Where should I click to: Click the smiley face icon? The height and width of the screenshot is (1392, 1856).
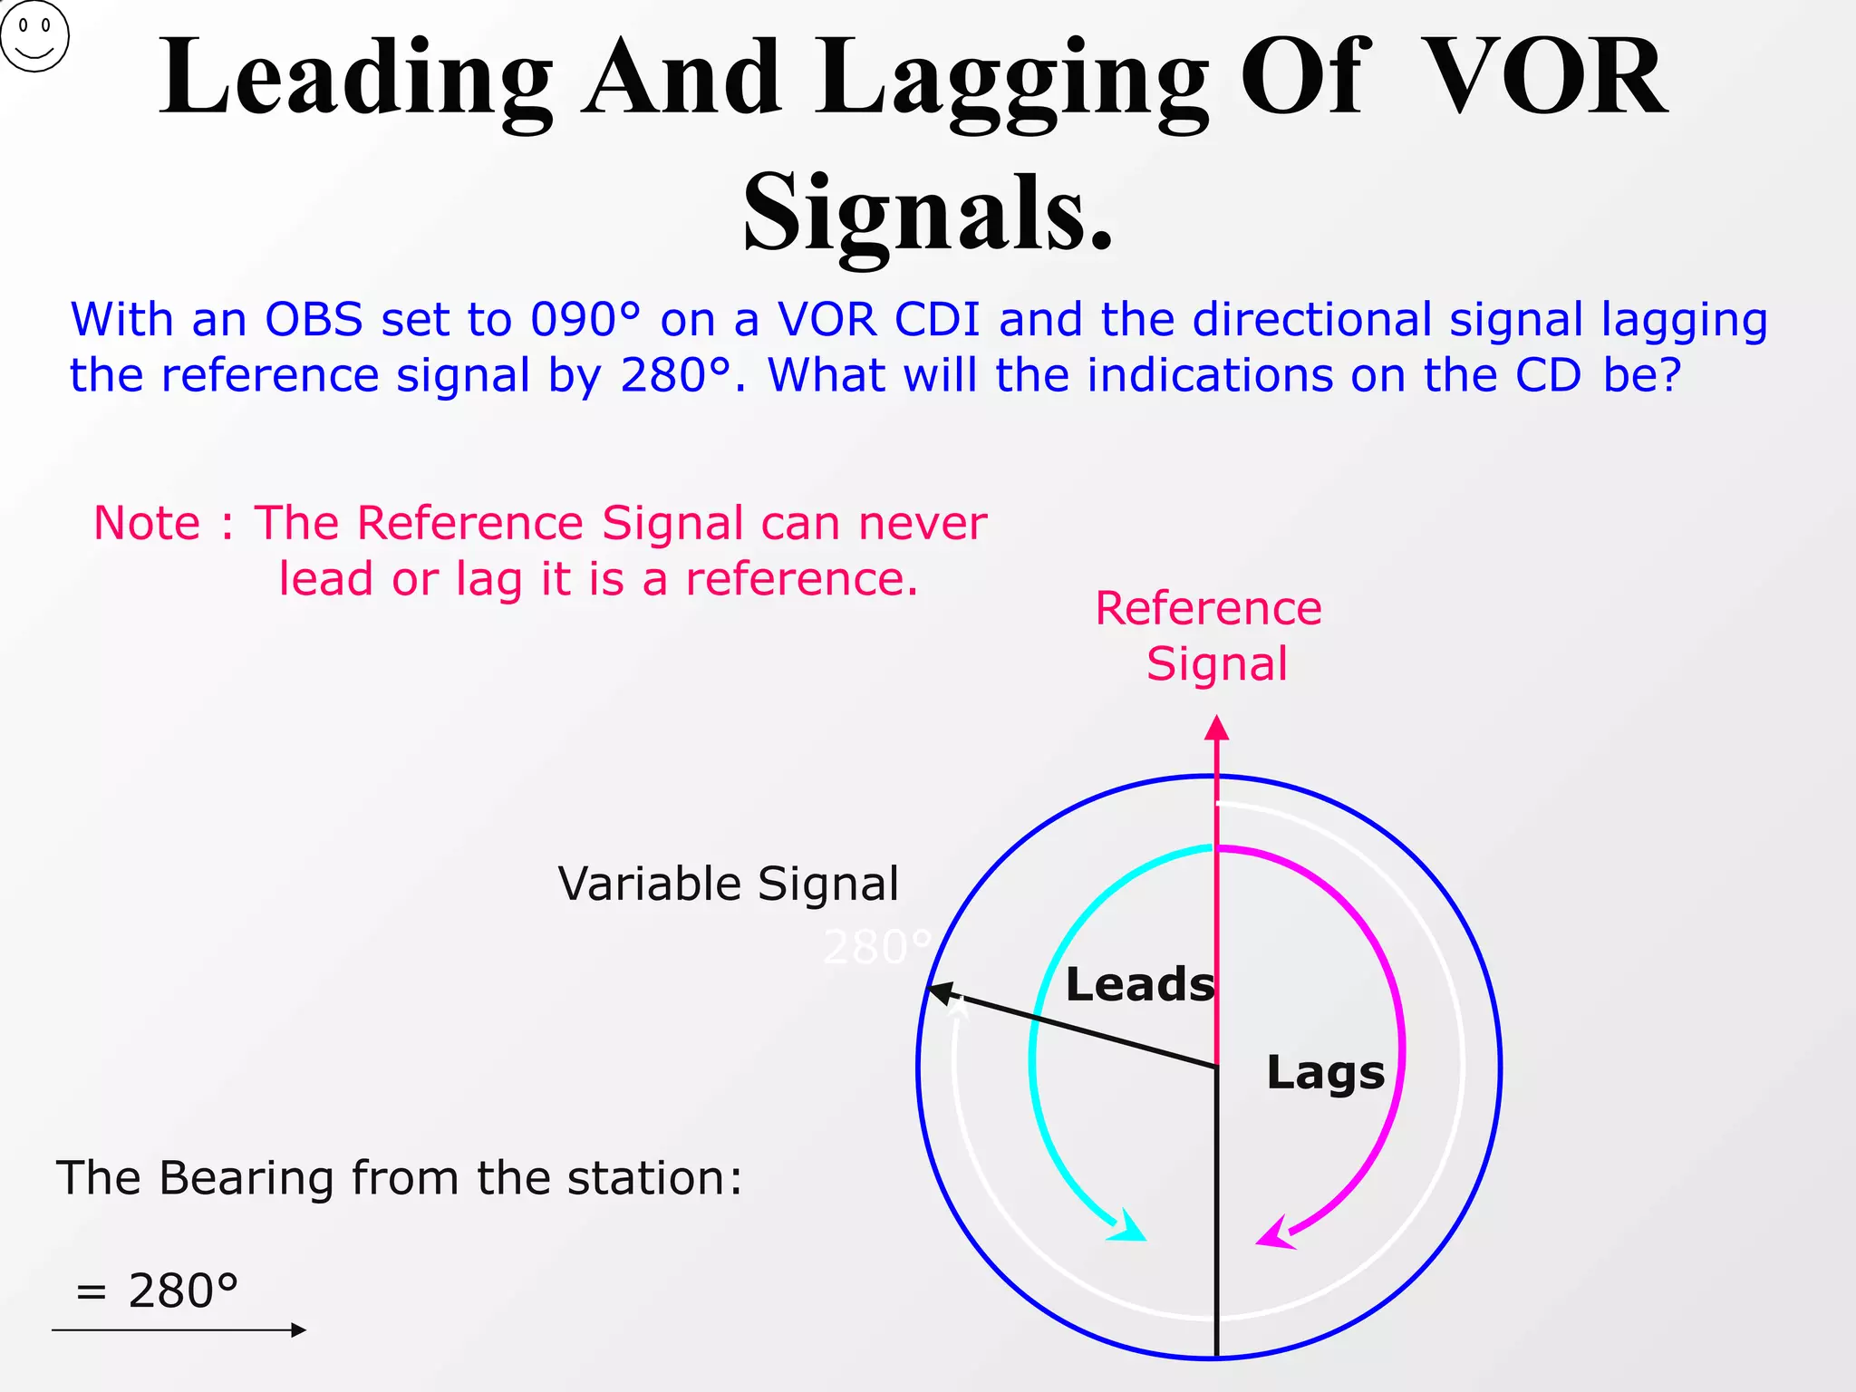coord(34,36)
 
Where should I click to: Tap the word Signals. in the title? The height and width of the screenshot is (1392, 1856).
coord(927,214)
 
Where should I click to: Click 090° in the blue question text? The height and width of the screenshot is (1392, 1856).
coord(585,320)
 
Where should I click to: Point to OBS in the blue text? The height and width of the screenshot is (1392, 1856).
coord(314,320)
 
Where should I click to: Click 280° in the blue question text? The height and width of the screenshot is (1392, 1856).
coord(675,375)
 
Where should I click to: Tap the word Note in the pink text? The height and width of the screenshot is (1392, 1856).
coord(147,524)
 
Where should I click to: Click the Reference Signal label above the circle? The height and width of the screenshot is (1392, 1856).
coord(1209,635)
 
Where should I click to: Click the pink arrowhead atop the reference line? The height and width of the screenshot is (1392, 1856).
coord(1216,728)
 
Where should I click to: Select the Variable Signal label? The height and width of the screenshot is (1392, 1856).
coord(728,884)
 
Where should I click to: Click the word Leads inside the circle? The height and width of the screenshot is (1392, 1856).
coord(1139,984)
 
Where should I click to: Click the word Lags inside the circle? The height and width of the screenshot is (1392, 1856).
coord(1325,1073)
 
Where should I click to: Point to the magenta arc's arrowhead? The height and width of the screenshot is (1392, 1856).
coord(1276,1234)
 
